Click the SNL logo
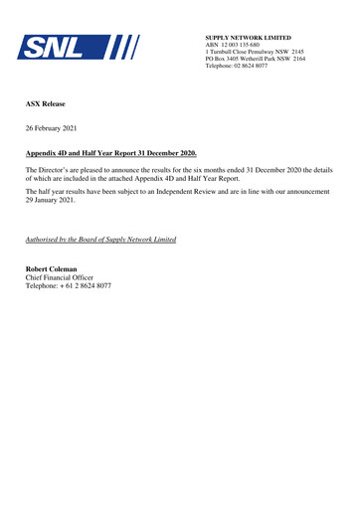(x=79, y=47)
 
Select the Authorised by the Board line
(x=100, y=241)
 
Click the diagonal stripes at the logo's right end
(x=126, y=47)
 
